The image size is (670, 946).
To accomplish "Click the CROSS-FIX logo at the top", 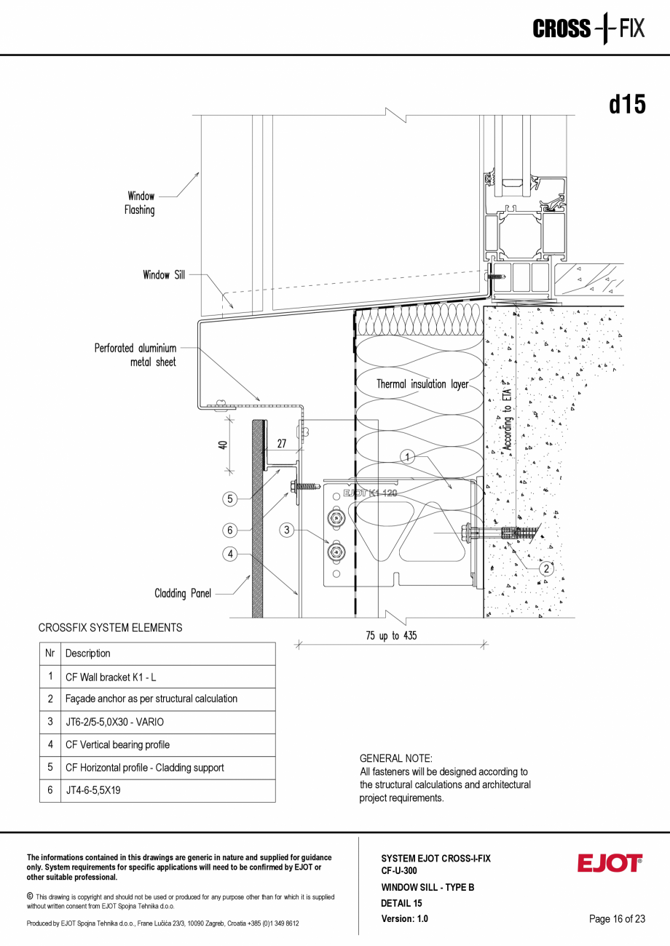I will [588, 29].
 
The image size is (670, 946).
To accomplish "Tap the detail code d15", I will [626, 105].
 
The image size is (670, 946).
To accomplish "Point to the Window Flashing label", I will [141, 203].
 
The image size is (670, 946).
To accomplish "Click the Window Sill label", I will [164, 275].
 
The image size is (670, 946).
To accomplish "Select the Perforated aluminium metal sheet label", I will [135, 355].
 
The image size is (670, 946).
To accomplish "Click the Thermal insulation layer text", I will [422, 384].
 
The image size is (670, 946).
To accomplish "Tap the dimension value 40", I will [224, 445].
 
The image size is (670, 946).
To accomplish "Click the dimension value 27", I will [281, 444].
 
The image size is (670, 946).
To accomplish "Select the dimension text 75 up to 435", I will [391, 636].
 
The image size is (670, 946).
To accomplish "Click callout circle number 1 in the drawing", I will [409, 457].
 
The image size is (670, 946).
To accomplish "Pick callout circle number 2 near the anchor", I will [546, 569].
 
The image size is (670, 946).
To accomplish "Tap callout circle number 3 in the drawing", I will [288, 530].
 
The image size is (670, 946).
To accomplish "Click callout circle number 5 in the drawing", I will [230, 498].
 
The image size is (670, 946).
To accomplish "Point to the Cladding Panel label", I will [182, 594].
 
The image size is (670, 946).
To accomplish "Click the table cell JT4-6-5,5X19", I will [93, 790].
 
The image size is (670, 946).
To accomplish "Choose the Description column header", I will [88, 653].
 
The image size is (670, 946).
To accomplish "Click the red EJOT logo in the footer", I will [610, 863].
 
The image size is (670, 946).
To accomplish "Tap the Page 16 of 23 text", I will [617, 919].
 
